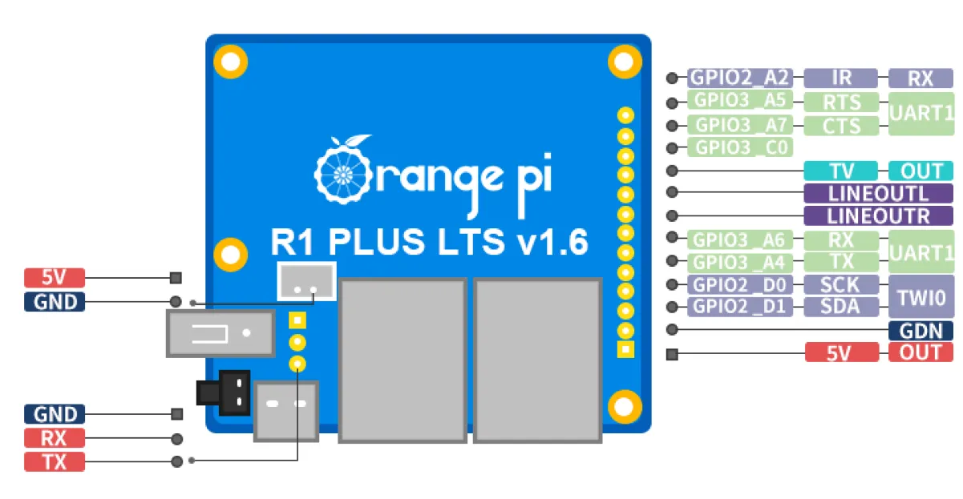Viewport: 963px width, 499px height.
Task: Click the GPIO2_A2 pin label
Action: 739,78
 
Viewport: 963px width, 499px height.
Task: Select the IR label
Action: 841,78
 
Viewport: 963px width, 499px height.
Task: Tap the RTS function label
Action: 841,102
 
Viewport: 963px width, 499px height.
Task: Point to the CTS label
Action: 841,126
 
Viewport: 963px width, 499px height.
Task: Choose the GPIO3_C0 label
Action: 739,147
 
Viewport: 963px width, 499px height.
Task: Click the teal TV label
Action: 841,171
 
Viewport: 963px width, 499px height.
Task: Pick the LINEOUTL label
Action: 878,193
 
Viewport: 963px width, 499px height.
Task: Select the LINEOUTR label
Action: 878,215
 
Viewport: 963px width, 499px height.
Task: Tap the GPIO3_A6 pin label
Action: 739,239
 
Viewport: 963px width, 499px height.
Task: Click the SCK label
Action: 841,284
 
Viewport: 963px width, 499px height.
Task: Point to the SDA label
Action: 841,306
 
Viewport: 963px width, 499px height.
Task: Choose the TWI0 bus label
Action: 921,296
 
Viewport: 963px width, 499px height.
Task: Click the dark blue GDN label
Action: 921,330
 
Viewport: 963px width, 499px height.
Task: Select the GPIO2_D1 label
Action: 739,306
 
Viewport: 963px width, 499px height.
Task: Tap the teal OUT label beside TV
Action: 921,171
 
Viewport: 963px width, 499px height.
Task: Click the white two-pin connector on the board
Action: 305,281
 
